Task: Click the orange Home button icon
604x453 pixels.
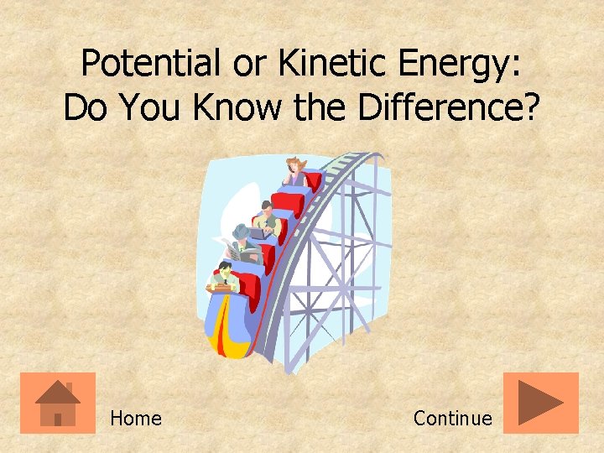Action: coord(58,403)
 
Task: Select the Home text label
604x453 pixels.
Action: coord(135,418)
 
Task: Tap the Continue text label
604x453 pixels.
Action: coord(452,418)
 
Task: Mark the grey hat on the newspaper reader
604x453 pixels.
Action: coord(241,230)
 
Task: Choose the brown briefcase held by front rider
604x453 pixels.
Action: coord(219,287)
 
